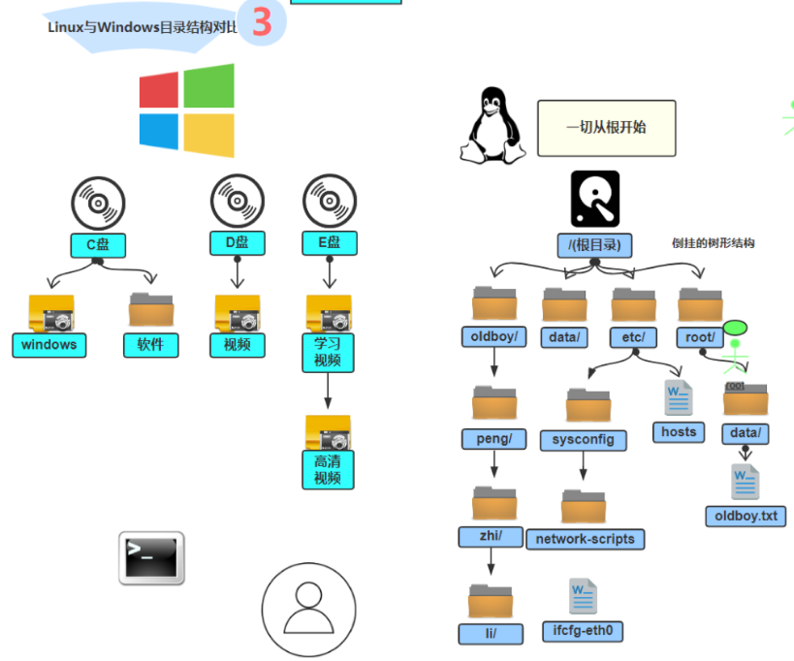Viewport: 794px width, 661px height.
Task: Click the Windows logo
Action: [186, 110]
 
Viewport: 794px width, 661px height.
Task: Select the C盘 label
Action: [98, 246]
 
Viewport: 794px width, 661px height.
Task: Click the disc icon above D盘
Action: [238, 203]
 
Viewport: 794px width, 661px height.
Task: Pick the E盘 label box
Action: [330, 243]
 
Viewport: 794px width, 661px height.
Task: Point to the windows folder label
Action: [48, 344]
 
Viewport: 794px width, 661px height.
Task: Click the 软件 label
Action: [150, 344]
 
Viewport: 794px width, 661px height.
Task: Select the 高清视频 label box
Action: [328, 469]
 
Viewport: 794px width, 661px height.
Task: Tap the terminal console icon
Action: [151, 557]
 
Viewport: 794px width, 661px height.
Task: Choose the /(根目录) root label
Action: [594, 244]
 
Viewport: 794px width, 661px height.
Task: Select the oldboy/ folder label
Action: [493, 337]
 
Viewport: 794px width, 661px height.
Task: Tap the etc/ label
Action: [633, 337]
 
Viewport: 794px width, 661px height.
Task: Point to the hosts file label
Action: [679, 431]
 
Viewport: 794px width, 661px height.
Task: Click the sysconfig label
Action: [584, 439]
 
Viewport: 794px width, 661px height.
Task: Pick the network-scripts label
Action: [585, 539]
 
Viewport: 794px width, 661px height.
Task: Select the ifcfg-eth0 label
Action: [583, 631]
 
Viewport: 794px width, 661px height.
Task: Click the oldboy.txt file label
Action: [746, 516]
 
